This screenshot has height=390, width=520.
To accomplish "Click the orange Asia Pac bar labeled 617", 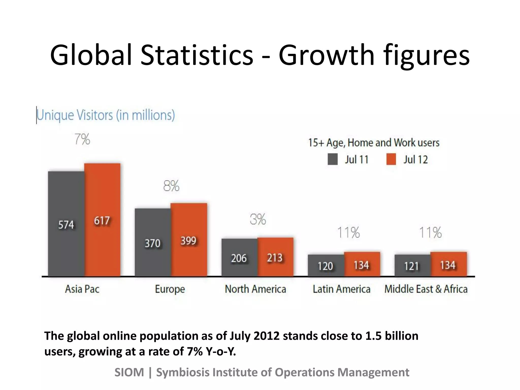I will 102,220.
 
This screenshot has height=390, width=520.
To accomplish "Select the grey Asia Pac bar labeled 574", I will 66,223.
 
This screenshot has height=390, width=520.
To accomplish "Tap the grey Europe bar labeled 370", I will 153,242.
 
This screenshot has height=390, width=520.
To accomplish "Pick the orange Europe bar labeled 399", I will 189,240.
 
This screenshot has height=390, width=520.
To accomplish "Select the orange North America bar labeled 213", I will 275,257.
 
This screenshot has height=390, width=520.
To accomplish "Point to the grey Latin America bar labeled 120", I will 326,265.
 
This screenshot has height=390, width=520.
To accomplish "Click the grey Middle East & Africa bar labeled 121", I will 412,265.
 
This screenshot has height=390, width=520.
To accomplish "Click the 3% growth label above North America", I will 258,219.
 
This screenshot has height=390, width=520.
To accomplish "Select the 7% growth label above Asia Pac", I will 82,139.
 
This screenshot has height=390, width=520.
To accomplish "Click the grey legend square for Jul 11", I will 333,159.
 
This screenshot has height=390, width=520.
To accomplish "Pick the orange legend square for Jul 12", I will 391,159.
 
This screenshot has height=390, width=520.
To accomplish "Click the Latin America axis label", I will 342,289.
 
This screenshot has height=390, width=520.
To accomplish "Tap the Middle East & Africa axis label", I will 426,289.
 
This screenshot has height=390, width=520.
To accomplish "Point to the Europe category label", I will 170,289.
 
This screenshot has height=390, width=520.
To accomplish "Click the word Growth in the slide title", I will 327,55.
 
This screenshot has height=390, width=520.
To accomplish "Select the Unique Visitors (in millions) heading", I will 106,115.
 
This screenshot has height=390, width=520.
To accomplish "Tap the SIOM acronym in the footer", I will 129,372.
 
